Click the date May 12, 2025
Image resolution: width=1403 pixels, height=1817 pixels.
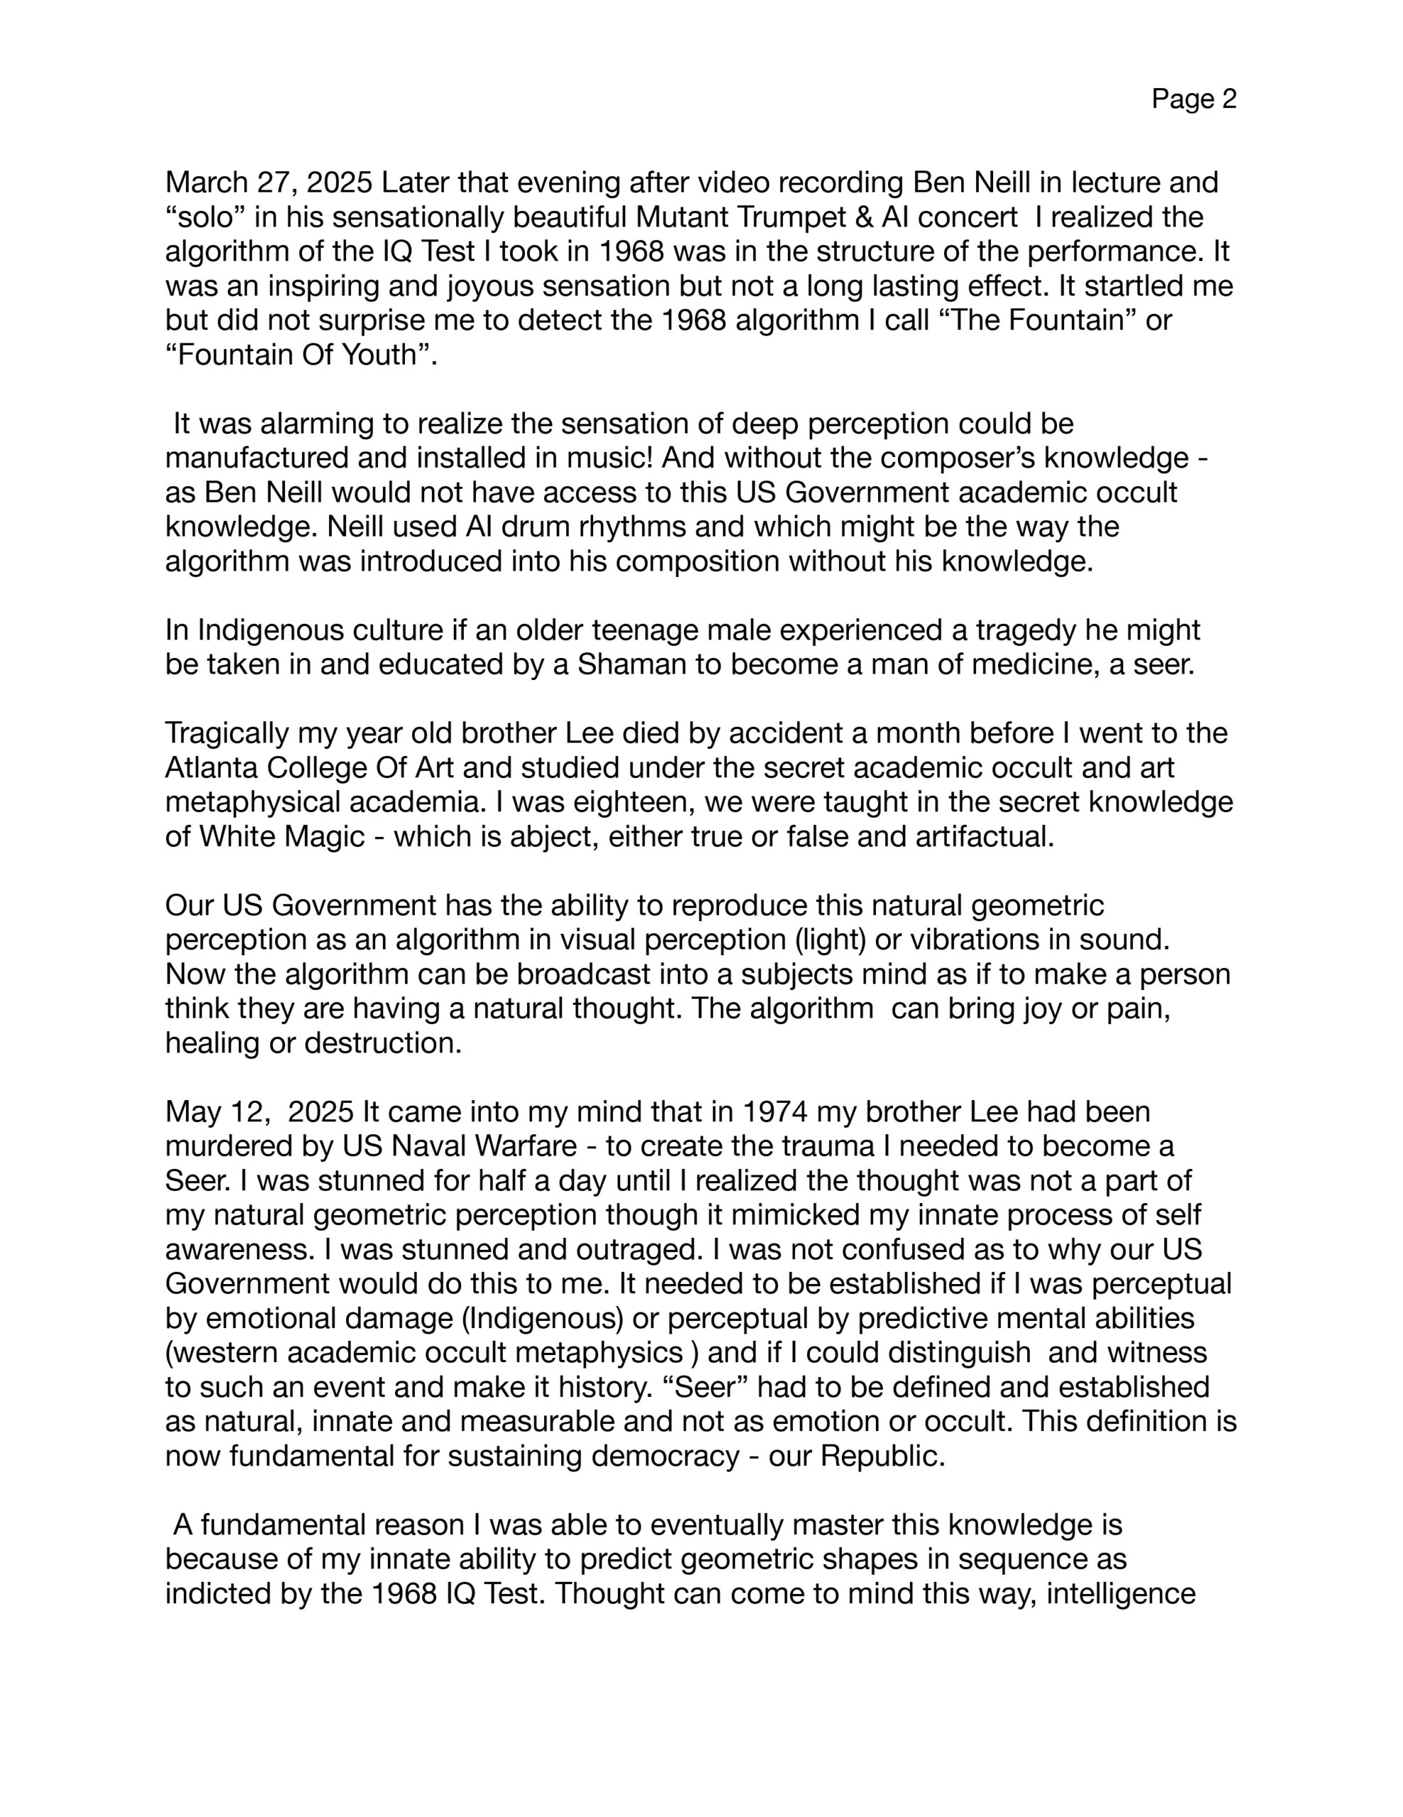click(260, 1112)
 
